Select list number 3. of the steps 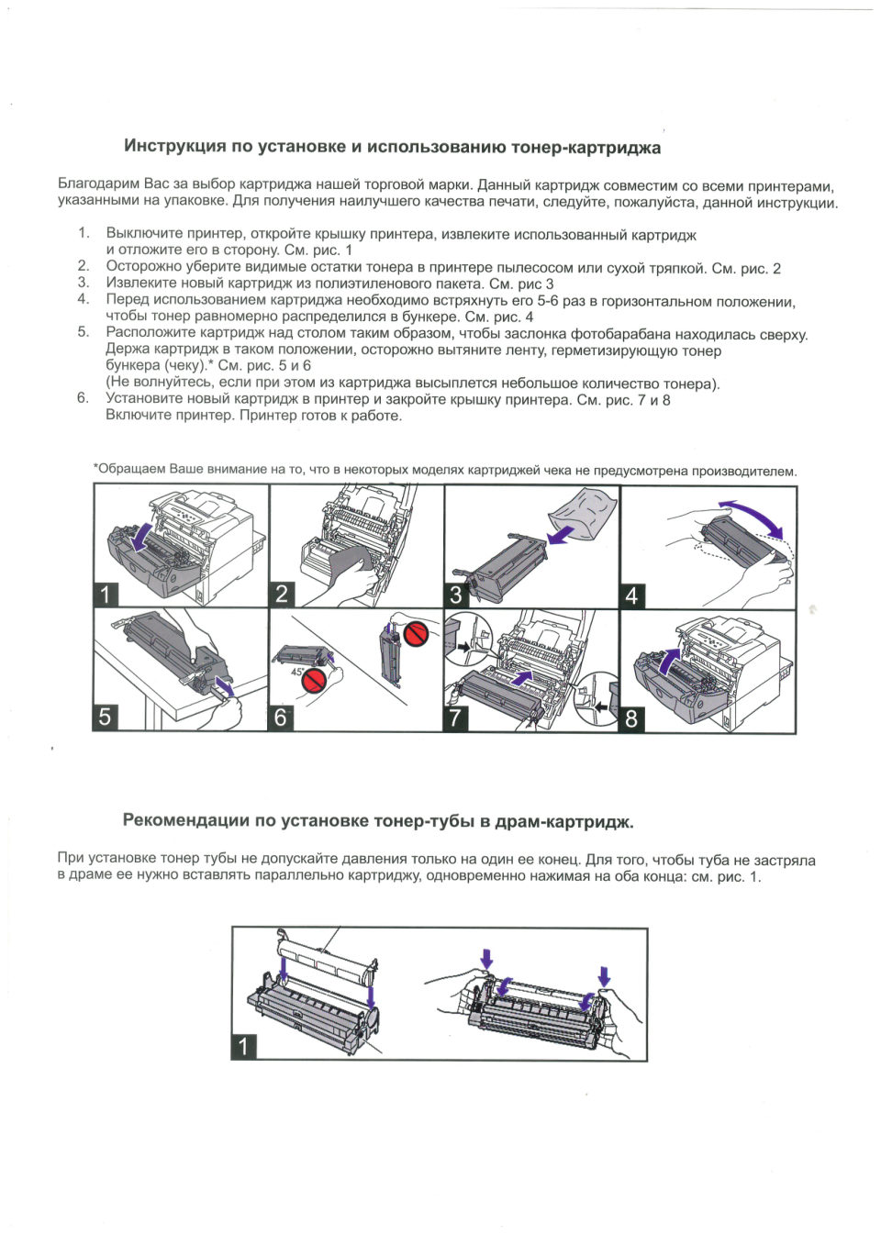[x=84, y=283]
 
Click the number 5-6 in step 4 [x=548, y=301]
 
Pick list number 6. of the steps [x=84, y=398]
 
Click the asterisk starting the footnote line [x=95, y=468]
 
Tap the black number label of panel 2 [x=282, y=594]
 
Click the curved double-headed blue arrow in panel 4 [x=753, y=515]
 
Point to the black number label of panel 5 [x=106, y=717]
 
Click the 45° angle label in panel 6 [x=297, y=673]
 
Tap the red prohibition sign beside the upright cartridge [x=418, y=632]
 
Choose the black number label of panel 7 [x=456, y=718]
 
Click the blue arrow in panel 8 [x=671, y=660]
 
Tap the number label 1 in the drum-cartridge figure [x=243, y=1046]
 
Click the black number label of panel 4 [x=631, y=596]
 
